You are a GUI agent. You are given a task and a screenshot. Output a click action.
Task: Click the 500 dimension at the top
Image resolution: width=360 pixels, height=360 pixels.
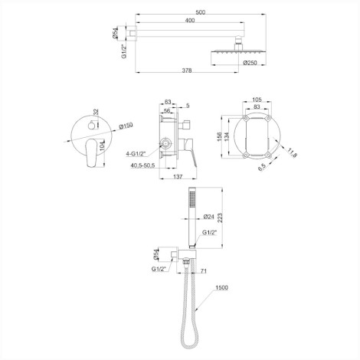point(201,12)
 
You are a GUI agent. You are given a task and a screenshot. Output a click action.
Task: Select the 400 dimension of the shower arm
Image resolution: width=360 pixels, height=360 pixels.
point(189,20)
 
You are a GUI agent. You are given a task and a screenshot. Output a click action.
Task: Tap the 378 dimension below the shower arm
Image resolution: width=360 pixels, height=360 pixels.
point(187,70)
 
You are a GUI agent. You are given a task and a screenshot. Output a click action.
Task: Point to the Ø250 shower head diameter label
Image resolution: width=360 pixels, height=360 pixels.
point(250,63)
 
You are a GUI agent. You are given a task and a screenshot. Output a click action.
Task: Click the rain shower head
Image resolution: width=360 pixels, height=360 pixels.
point(239,57)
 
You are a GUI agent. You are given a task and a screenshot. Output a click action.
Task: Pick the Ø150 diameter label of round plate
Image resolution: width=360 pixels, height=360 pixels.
point(126,126)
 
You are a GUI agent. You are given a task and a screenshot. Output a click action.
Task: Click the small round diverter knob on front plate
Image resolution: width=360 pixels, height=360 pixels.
point(91,126)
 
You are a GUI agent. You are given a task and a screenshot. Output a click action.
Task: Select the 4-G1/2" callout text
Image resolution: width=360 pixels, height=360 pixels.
point(136,154)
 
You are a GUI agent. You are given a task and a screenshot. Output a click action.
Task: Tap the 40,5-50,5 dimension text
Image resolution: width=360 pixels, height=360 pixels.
point(142,165)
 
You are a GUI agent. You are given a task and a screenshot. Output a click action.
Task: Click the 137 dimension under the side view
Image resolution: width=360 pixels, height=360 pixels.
point(178,176)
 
